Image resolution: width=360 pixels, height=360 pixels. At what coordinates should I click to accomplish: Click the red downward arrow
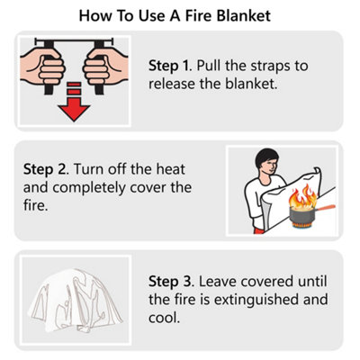coord(74,102)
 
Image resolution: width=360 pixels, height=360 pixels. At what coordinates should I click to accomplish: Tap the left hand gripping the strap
coord(42,67)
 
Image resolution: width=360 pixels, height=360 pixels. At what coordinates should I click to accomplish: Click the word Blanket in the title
coord(244,15)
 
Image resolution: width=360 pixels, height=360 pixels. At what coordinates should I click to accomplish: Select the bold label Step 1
coord(169,67)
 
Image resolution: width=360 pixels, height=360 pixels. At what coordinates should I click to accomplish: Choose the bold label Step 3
coord(171,282)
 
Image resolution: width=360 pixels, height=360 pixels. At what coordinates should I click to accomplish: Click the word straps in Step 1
coord(270,67)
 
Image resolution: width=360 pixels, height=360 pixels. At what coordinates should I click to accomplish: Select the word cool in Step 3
coord(164,318)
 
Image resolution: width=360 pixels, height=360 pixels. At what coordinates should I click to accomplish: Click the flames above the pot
coord(302,196)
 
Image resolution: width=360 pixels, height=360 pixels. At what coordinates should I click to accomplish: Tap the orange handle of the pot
coord(326,208)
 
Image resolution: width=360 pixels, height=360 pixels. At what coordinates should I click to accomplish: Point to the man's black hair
coord(265,158)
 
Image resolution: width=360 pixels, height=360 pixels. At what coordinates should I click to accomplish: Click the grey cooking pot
coord(302,214)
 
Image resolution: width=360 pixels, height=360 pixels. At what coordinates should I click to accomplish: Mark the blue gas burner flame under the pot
coord(302,227)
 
